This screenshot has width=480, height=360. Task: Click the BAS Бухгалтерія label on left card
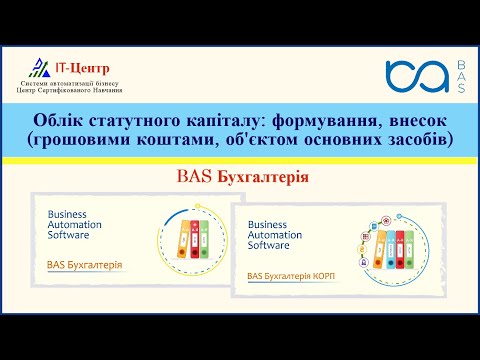point(84,265)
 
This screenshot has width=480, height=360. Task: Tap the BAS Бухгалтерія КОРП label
point(292,274)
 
